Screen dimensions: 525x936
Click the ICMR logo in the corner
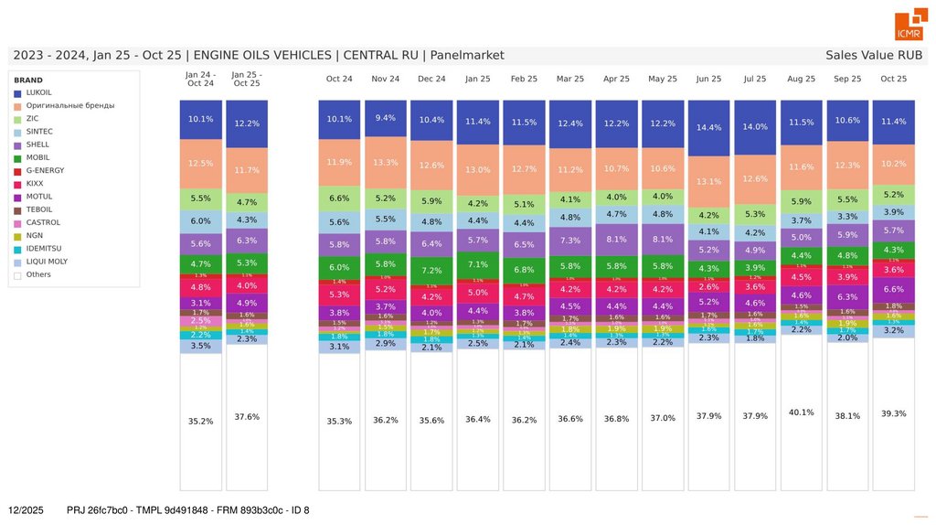coord(909,27)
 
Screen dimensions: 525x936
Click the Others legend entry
coord(38,273)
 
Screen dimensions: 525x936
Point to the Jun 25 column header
coord(708,79)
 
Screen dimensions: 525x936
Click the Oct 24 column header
coord(339,79)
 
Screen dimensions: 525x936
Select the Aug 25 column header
coord(801,79)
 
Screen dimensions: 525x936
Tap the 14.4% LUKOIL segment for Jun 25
coord(708,128)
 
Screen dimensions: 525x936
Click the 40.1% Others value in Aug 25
coord(801,412)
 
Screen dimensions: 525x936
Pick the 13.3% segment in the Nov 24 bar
coord(386,163)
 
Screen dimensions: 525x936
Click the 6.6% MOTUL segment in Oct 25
coord(893,289)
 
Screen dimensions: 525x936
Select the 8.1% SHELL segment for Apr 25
coord(616,240)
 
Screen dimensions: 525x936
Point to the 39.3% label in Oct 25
coord(893,413)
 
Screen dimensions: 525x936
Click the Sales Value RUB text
coord(873,55)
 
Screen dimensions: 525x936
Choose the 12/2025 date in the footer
coord(26,509)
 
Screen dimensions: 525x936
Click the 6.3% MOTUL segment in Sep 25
coord(847,296)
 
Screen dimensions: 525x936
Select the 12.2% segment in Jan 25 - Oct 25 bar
coord(247,123)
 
